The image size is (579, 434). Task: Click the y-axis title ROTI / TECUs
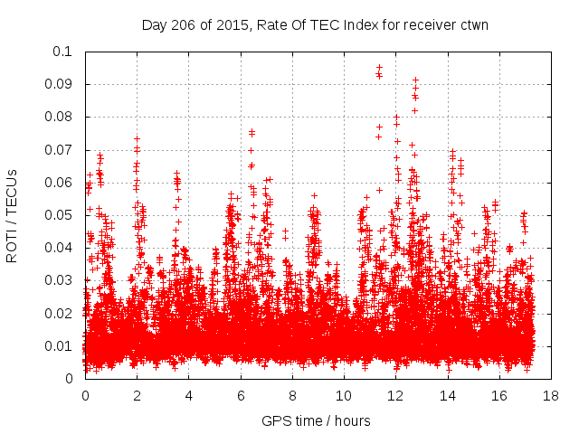13,215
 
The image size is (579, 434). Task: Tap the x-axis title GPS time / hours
317,420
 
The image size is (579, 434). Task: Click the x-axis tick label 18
550,395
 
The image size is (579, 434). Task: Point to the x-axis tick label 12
395,395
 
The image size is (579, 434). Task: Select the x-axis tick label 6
241,395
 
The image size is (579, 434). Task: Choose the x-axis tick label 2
138,395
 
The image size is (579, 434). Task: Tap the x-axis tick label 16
498,395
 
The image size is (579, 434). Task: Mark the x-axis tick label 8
292,395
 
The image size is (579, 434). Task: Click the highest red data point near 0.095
379,68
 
